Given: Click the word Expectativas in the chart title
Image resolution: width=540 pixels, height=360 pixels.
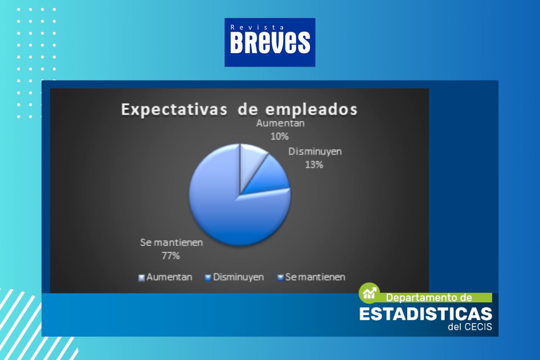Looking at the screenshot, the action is [174, 110].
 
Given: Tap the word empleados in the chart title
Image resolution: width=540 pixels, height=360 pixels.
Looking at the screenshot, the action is [311, 110].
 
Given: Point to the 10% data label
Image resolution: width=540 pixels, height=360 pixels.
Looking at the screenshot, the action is [279, 137].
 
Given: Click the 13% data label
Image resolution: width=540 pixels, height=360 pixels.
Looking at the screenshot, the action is [314, 165].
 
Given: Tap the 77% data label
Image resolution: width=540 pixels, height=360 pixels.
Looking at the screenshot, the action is [171, 256].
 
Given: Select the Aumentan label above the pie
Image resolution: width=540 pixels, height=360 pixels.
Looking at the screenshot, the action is [280, 123].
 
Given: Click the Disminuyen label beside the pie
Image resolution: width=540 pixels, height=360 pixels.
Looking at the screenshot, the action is [315, 152].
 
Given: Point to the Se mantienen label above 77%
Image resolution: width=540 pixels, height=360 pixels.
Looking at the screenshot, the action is [171, 243].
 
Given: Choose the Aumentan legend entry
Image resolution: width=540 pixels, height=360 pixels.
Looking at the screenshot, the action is [165, 277].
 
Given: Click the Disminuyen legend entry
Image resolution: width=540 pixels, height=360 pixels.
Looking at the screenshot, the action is [234, 277].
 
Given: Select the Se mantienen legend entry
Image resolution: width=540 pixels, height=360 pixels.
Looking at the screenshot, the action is [311, 277].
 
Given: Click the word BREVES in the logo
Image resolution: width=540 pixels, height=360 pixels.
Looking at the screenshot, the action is [270, 42].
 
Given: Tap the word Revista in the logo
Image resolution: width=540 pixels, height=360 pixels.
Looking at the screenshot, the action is [257, 27].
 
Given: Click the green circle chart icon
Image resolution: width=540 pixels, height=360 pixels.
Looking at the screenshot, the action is [369, 293].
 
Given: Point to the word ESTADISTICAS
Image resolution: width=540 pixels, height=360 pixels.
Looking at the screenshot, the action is [426, 314].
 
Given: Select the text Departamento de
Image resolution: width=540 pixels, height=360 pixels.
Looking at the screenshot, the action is [429, 298].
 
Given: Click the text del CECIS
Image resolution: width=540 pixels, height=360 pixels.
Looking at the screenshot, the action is [470, 327].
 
